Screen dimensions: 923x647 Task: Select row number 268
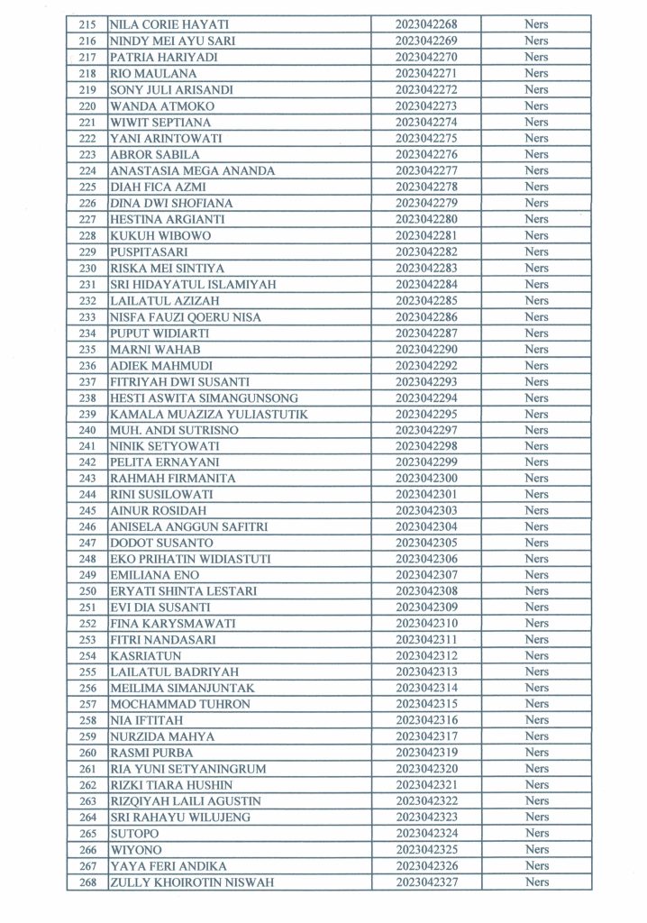coord(87,882)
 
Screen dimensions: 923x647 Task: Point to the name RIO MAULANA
coord(142,73)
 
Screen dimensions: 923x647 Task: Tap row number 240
coord(87,430)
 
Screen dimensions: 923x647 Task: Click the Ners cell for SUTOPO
coord(536,834)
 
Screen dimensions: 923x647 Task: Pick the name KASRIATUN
coord(145,655)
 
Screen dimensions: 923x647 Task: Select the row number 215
coord(87,24)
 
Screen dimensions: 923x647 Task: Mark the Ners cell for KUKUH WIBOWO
coord(536,235)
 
